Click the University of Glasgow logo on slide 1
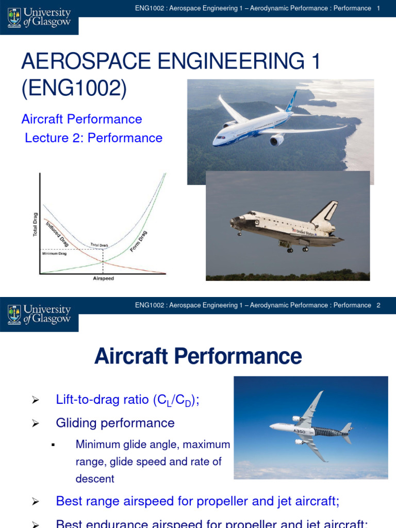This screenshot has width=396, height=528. coord(39,18)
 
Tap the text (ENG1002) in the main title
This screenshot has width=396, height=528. coord(74,89)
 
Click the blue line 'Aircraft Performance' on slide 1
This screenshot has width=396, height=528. coord(81,119)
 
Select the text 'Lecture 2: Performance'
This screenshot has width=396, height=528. coord(93,138)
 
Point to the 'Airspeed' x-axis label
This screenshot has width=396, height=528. coord(103,278)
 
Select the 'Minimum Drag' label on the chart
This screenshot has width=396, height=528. coord(54,253)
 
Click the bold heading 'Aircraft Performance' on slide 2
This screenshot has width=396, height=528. coord(198,356)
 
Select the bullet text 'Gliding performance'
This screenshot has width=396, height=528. coord(115,423)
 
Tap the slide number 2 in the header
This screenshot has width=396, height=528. coord(378,305)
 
